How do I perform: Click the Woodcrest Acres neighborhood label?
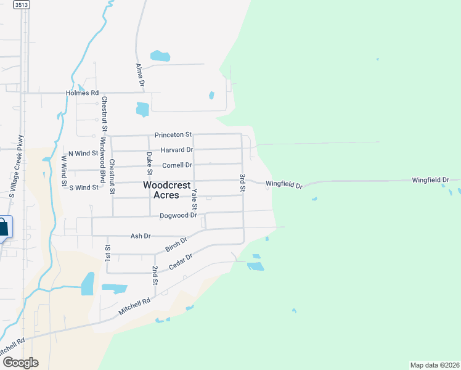161,189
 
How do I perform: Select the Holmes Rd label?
83,93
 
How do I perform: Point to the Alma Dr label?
140,74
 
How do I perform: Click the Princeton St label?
173,134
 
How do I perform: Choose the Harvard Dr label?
177,150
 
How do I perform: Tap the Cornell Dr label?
177,165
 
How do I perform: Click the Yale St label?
194,199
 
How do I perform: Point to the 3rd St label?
242,183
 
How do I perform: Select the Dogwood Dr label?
177,215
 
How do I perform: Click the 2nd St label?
155,276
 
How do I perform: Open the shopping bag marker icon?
3,226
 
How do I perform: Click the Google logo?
20,363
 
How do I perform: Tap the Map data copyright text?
434,365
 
